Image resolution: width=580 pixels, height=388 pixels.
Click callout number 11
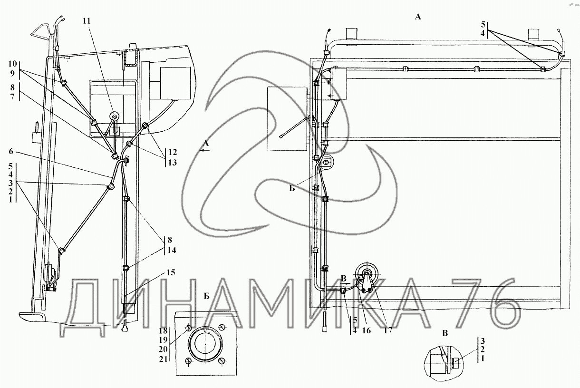point(87,21)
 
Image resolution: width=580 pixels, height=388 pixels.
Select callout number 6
point(10,151)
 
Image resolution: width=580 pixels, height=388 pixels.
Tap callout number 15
point(171,272)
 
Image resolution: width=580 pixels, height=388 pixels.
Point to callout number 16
point(367,330)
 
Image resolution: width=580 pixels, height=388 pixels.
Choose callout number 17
point(387,330)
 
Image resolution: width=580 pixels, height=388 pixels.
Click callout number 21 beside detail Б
point(163,359)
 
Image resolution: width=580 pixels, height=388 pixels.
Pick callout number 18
point(163,331)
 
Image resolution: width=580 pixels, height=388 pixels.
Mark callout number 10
point(12,64)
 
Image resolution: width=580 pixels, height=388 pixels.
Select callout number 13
point(173,163)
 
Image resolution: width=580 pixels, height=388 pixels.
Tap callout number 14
point(172,250)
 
